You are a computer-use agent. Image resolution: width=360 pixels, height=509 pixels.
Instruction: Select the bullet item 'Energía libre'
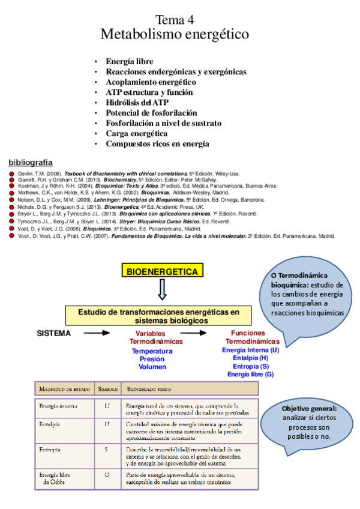129,61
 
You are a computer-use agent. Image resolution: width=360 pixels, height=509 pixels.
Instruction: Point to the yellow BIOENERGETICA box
161,272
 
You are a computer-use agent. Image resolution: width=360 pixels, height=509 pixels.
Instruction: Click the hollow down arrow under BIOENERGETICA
161,292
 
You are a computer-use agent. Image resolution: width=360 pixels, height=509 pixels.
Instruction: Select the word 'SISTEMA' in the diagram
54,333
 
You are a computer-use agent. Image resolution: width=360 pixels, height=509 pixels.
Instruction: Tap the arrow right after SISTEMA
96,333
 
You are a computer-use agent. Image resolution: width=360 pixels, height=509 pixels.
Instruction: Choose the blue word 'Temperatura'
152,351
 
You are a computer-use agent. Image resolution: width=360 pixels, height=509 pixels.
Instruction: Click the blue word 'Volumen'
152,367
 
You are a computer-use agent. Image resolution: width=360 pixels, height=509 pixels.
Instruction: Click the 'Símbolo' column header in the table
107,389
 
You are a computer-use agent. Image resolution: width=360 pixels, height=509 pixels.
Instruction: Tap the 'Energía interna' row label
58,406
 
